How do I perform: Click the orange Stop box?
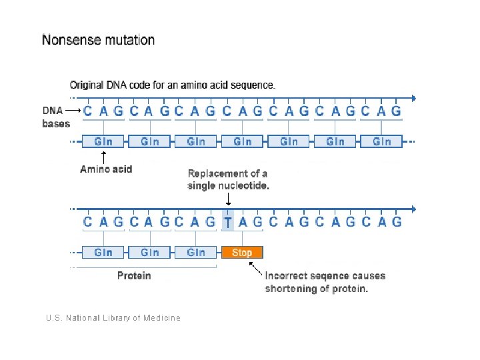pyautogui.click(x=242, y=253)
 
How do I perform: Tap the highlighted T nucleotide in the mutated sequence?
pyautogui.click(x=228, y=222)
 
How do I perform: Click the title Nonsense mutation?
pyautogui.click(x=99, y=40)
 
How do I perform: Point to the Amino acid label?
pyautogui.click(x=106, y=169)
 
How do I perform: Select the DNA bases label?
pyautogui.click(x=56, y=117)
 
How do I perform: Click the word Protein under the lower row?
pyautogui.click(x=134, y=275)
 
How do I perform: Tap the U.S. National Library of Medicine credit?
pyautogui.click(x=113, y=318)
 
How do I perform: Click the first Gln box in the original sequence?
pyautogui.click(x=103, y=141)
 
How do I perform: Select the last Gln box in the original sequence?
pyautogui.click(x=381, y=141)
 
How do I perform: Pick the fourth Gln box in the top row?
pyautogui.click(x=243, y=141)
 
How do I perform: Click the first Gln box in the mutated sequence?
pyautogui.click(x=103, y=253)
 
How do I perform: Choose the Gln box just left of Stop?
pyautogui.click(x=196, y=253)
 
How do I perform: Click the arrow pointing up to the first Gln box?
pyautogui.click(x=103, y=157)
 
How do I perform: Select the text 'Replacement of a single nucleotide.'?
pyautogui.click(x=228, y=180)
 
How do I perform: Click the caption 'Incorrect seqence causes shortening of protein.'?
pyautogui.click(x=325, y=282)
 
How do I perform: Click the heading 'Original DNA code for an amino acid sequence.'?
pyautogui.click(x=173, y=85)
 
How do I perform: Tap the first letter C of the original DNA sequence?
pyautogui.click(x=88, y=111)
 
